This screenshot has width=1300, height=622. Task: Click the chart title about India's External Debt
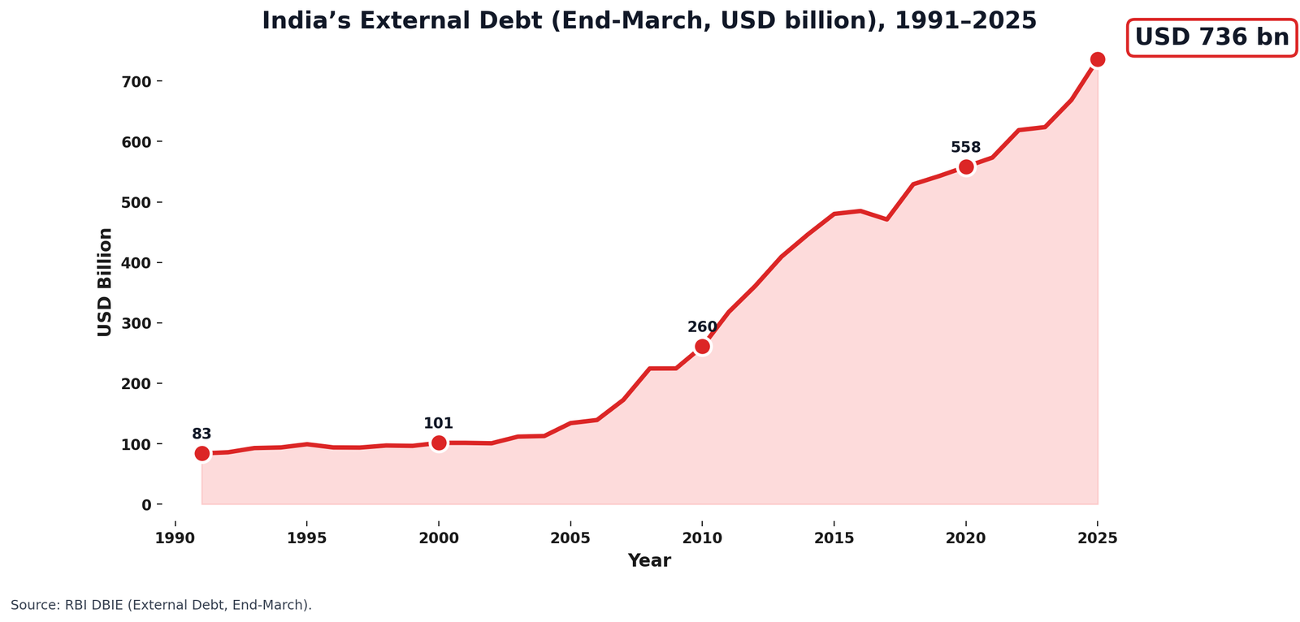648,21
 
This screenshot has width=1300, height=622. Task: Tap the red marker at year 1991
202,453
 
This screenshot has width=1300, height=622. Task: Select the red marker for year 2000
439,443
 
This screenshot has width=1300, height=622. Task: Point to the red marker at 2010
702,347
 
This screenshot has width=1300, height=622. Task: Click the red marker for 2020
966,167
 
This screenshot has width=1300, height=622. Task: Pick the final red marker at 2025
1098,59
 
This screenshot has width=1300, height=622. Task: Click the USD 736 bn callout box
1211,38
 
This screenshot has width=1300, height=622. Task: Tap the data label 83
201,434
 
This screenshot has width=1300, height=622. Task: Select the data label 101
439,424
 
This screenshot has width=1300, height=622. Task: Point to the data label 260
702,327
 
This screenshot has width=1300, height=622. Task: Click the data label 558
966,148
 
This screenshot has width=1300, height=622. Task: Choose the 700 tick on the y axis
138,82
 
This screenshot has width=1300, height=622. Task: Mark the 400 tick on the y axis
138,263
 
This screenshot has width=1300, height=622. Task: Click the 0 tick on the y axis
146,505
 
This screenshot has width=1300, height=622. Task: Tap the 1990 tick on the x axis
175,538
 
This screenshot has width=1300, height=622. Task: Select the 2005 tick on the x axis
570,538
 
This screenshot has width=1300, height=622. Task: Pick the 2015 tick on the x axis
834,538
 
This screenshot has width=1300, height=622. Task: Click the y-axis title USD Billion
105,282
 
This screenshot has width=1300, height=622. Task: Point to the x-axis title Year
649,561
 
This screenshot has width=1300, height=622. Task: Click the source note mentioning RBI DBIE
161,605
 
